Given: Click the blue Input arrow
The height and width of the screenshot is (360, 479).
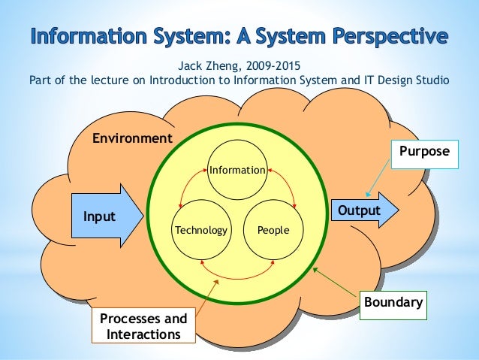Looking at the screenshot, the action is point(106,216).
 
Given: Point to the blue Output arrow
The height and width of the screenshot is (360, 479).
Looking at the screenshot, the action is point(361,210).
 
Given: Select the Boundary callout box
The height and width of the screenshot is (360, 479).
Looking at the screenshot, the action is point(393,304).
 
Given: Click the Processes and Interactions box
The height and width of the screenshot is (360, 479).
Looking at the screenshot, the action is point(143,326).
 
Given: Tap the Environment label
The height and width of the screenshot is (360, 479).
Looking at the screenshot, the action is point(132,138).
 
